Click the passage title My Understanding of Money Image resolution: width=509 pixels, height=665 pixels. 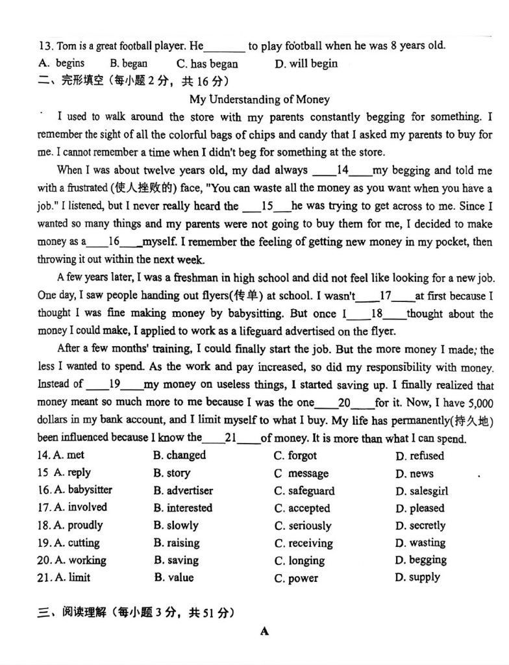[x=259, y=99]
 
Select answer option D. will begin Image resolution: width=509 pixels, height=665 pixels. [x=306, y=64]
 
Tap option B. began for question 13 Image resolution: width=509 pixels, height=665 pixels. [x=129, y=64]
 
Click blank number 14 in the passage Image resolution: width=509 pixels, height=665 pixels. [x=343, y=171]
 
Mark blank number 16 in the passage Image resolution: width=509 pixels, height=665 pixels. [x=114, y=241]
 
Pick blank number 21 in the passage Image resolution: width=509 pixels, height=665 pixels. [x=230, y=438]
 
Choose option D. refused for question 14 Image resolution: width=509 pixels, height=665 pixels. [x=419, y=456]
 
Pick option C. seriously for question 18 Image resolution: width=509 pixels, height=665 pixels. [x=303, y=525]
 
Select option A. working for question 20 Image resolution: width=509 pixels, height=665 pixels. [x=71, y=560]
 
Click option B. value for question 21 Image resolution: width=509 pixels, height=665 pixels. [x=173, y=577]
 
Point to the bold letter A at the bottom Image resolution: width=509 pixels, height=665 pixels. [x=264, y=631]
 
